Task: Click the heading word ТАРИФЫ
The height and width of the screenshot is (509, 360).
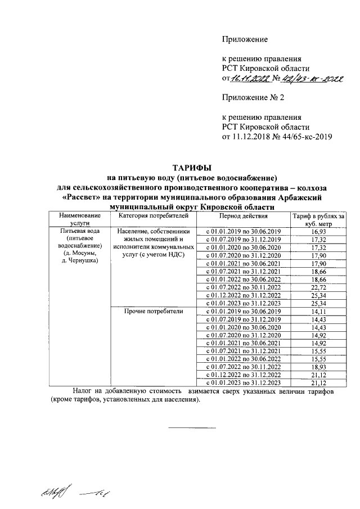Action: coord(192,168)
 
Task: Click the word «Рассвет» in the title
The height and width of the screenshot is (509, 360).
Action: coord(82,197)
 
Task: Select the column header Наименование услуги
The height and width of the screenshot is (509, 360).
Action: coord(75,219)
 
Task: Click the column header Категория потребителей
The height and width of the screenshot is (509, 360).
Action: coord(152,215)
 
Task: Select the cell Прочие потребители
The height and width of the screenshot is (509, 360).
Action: coord(152,311)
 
